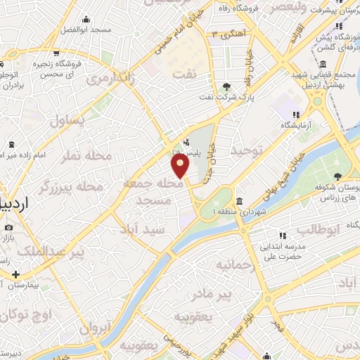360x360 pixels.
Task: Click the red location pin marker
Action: tap(180, 166)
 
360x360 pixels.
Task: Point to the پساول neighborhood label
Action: tap(67, 120)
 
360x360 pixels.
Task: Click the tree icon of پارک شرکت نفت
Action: tap(226, 86)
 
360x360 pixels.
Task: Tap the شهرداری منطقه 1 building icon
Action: tap(239, 200)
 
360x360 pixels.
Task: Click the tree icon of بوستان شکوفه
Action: tap(338, 175)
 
